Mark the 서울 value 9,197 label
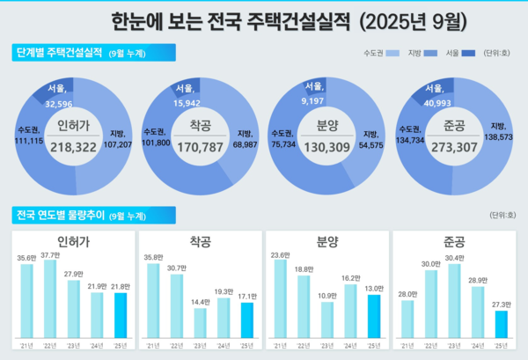click(314, 102)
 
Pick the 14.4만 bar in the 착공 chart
click(200, 323)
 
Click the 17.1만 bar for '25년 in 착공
click(247, 320)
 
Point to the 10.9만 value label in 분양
click(327, 295)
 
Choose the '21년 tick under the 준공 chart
click(407, 343)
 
